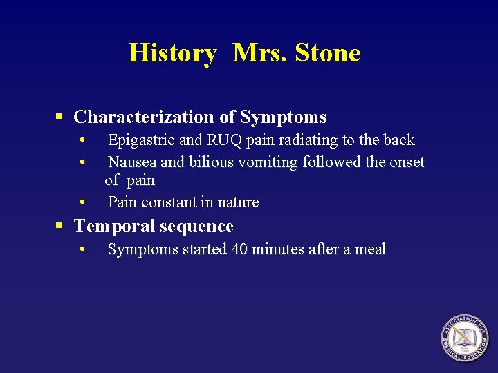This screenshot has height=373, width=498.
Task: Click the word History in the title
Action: click(172, 53)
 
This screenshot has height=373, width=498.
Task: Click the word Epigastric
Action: click(141, 140)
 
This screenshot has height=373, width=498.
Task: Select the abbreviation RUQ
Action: click(224, 140)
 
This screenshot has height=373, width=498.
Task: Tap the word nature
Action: click(238, 202)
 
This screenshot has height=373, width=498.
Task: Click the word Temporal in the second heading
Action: click(116, 227)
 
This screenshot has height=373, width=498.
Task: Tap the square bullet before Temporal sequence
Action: click(60, 227)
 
